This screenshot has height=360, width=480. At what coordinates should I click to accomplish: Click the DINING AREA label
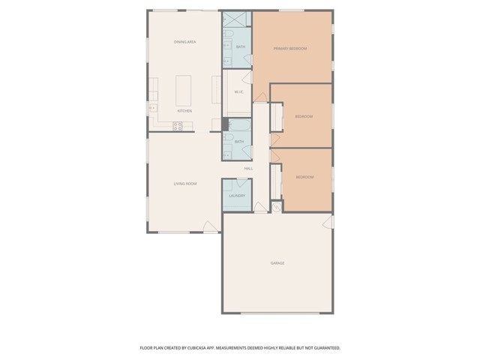pyautogui.click(x=184, y=42)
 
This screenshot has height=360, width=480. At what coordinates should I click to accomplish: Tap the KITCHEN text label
pyautogui.click(x=184, y=111)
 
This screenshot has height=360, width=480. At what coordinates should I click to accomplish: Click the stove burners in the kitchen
pyautogui.click(x=178, y=127)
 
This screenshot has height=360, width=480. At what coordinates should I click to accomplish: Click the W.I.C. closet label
pyautogui.click(x=238, y=92)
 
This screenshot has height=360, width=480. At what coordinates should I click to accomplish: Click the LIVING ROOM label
pyautogui.click(x=184, y=183)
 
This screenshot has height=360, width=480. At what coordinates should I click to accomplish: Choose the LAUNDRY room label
pyautogui.click(x=237, y=196)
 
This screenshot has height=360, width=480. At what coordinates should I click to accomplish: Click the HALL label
pyautogui.click(x=248, y=168)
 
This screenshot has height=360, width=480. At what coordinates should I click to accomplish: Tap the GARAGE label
pyautogui.click(x=277, y=262)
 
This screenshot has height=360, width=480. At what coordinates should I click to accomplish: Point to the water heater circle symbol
pyautogui.click(x=276, y=207)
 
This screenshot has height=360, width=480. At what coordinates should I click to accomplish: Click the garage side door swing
pyautogui.click(x=328, y=222)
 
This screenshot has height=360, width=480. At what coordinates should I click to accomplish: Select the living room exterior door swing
pyautogui.click(x=211, y=226)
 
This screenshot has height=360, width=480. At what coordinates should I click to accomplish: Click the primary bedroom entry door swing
pyautogui.click(x=260, y=94)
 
